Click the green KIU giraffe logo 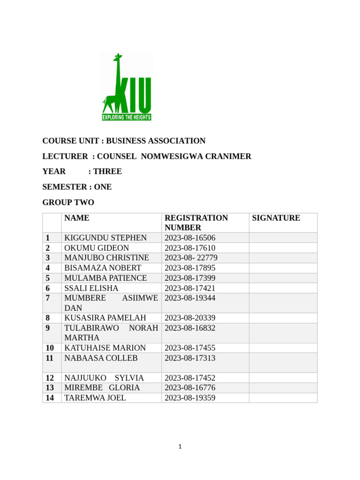point(127,87)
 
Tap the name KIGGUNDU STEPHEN point(105,238)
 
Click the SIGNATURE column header point(276,218)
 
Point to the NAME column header point(77,218)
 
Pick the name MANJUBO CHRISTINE point(106,258)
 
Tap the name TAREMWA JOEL point(95,398)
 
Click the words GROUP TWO point(68,202)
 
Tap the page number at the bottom point(180,447)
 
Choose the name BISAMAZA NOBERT point(103,268)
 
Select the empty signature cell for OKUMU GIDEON point(283,247)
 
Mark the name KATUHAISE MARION point(105,348)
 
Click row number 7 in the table point(48,298)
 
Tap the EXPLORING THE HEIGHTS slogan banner point(127,117)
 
